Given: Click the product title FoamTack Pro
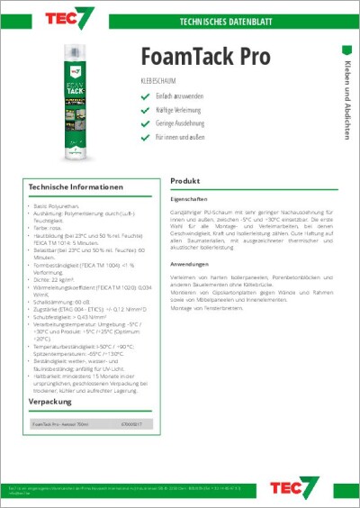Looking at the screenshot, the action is click(205, 57).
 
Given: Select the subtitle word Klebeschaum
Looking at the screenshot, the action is click(160, 83).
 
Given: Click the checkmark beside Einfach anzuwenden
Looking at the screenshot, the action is click(145, 96).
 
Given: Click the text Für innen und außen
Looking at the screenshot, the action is click(180, 138).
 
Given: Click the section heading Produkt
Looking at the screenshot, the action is click(184, 180).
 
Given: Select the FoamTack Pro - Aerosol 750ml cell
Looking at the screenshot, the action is click(63, 422).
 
